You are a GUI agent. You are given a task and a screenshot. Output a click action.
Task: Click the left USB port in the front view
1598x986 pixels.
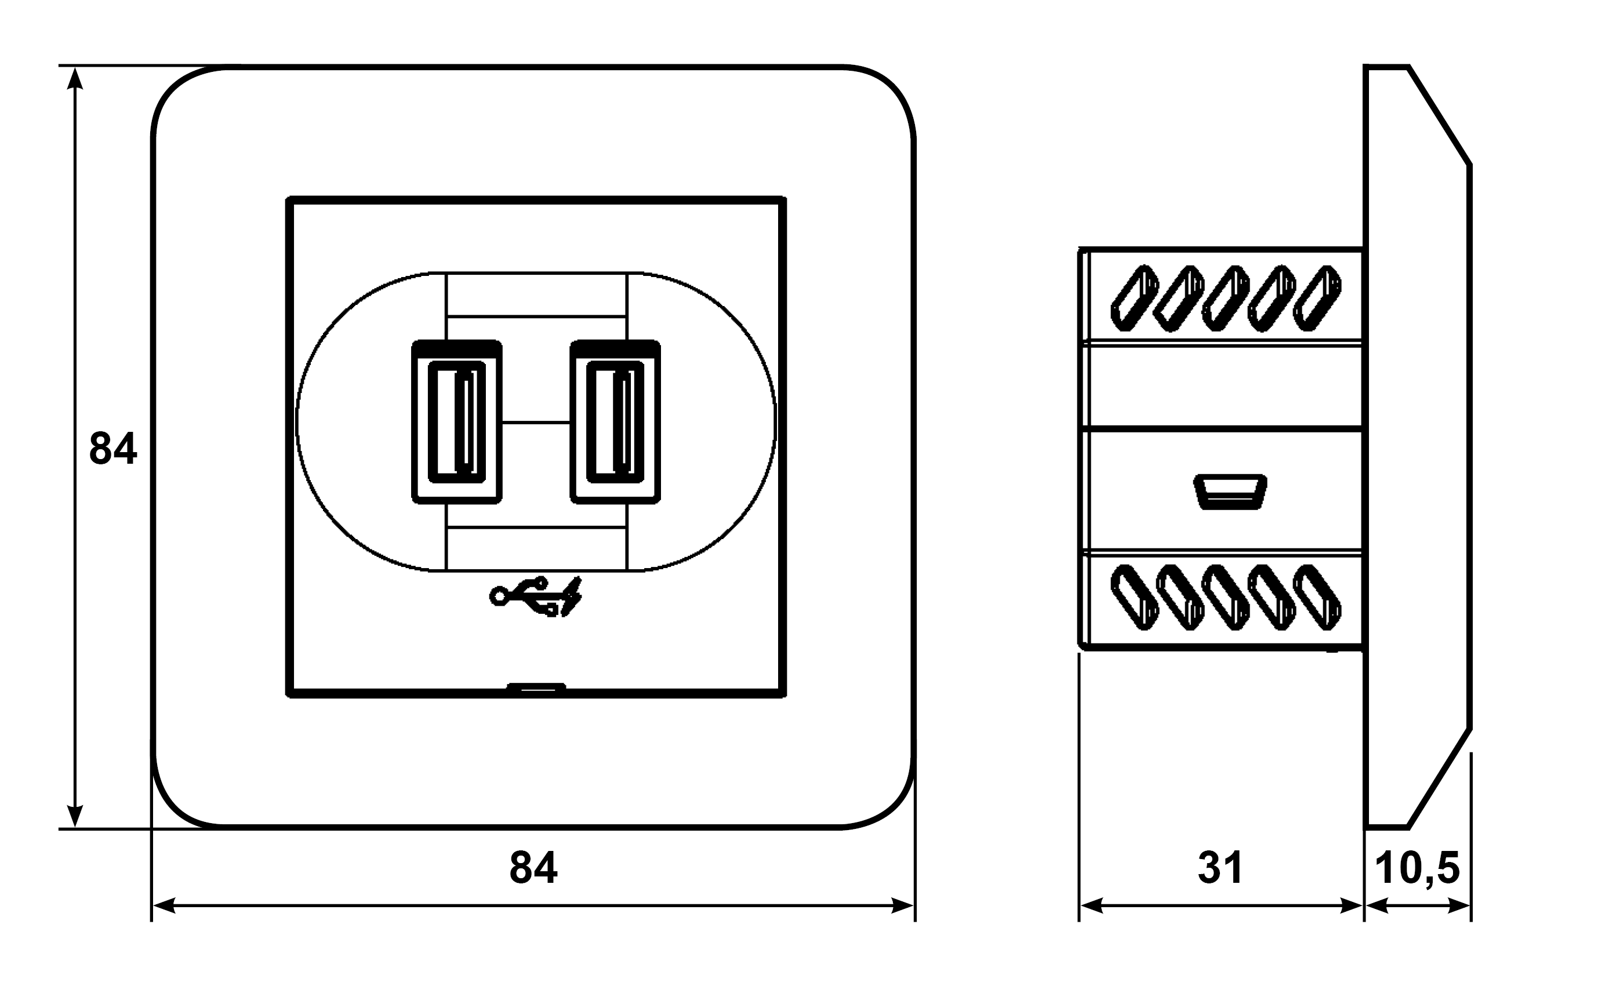pos(456,422)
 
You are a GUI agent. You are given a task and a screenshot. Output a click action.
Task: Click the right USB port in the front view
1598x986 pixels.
pos(615,422)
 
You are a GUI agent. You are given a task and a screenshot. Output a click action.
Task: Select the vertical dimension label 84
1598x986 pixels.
pos(113,449)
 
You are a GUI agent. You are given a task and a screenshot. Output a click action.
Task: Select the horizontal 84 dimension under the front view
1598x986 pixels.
pos(533,868)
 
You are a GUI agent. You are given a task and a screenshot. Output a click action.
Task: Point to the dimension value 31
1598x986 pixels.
pos(1221,868)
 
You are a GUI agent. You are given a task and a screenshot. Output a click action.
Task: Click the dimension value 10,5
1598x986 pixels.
pos(1417,868)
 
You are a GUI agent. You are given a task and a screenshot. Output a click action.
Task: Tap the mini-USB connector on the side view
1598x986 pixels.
pos(1230,492)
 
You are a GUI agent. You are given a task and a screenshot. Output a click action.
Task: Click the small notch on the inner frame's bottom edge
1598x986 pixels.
pos(536,686)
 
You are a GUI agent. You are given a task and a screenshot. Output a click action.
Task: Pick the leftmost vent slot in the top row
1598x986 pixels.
pos(1134,297)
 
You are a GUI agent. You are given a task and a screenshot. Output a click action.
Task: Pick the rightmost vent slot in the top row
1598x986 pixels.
pos(1317,297)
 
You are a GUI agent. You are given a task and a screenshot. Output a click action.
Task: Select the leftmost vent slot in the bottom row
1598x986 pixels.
pos(1134,597)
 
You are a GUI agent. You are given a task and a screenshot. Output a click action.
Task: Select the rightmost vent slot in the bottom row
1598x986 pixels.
pos(1317,597)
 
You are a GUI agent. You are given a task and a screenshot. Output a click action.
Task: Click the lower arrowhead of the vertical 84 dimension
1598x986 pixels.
pos(75,816)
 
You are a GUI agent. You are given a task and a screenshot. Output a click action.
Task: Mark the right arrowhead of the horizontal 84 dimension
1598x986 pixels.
pos(903,905)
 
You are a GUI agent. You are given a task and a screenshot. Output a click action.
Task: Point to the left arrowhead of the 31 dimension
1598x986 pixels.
pos(1091,905)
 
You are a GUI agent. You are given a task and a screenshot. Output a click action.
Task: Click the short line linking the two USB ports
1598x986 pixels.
pos(536,423)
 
